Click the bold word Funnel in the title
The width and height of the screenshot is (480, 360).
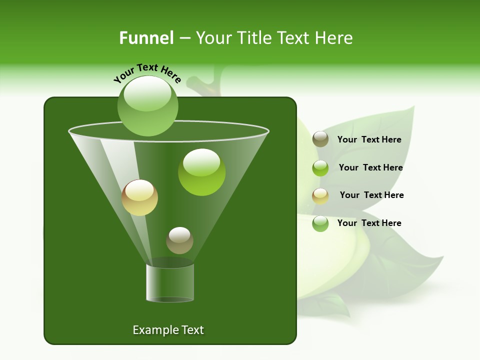pos(146,38)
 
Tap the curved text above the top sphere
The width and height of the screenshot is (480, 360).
pos(147,73)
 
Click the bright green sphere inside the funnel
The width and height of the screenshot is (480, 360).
pos(201,172)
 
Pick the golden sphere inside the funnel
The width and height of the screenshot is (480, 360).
pos(139,197)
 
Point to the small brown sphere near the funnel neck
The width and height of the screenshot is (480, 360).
pos(179,240)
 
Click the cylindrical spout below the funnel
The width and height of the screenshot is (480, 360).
pos(170,283)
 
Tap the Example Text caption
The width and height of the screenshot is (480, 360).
pos(168,330)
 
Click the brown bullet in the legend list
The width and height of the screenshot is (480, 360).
pos(320,139)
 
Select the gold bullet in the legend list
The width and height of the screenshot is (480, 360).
pos(320,196)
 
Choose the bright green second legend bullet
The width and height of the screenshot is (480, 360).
pos(320,168)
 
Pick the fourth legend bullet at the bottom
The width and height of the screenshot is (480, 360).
pos(320,223)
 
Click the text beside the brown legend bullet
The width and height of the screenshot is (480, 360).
pos(369,139)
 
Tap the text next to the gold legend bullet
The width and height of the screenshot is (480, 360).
pos(371,195)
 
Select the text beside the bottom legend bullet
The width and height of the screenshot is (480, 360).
pos(369,223)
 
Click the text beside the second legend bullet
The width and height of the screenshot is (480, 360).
pos(370,167)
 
